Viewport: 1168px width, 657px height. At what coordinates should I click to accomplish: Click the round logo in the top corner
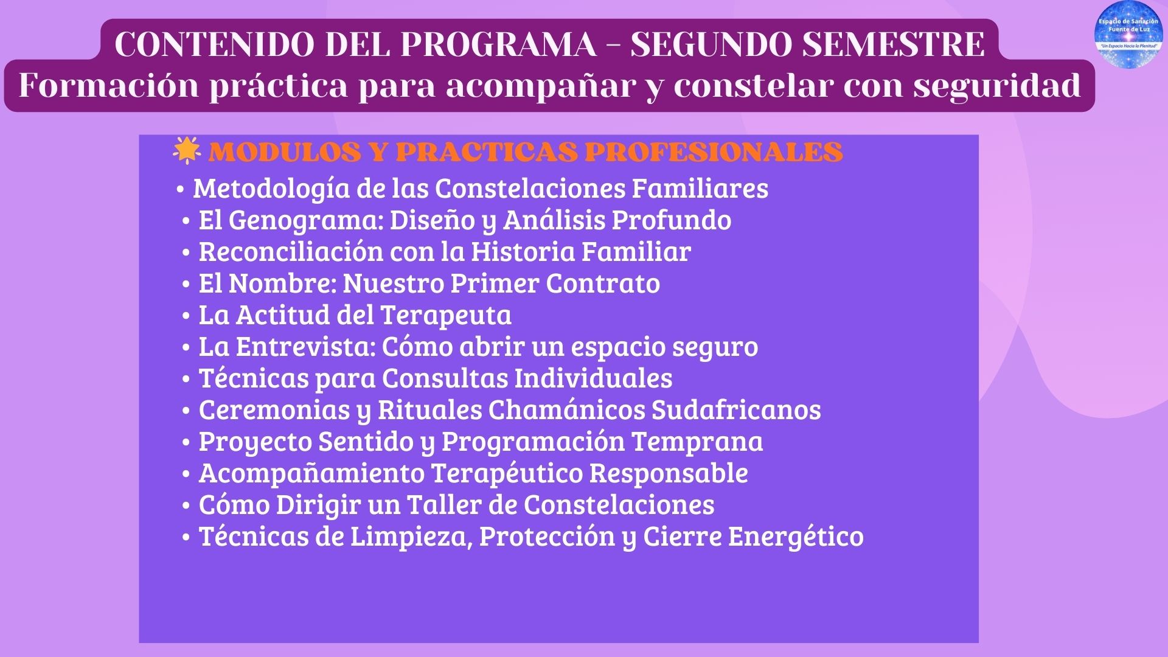[1128, 35]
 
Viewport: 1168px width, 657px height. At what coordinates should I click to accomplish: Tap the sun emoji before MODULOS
[186, 151]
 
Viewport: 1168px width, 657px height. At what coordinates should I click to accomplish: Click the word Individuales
[593, 378]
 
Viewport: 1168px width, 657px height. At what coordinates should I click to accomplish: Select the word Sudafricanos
[736, 410]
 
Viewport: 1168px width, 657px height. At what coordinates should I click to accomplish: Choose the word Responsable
[669, 473]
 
